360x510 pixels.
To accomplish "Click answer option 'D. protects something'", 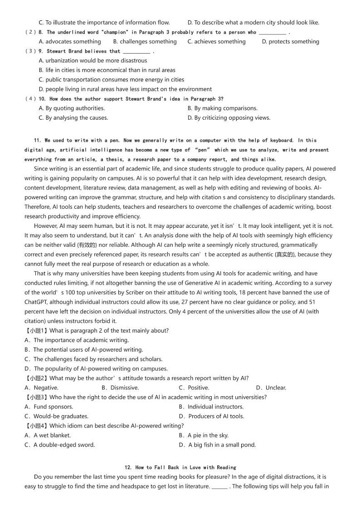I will pos(290,42).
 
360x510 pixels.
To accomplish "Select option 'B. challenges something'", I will pos(145,42).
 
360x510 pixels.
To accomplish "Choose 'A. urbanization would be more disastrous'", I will pos(93,61).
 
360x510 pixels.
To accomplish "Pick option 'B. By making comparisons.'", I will pos(222,108).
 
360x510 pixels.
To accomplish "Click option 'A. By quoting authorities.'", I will pos(72,108).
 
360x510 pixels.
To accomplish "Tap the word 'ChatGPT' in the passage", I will pos(36,302).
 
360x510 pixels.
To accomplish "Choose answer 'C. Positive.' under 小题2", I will pos(194,388).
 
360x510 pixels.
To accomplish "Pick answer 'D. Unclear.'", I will pos(271,388).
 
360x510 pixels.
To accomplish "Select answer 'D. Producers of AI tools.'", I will pos(211,417).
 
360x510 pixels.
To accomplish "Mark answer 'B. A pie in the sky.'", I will pos(204,436).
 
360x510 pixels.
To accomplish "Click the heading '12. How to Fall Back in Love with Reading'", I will pos(180,467).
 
